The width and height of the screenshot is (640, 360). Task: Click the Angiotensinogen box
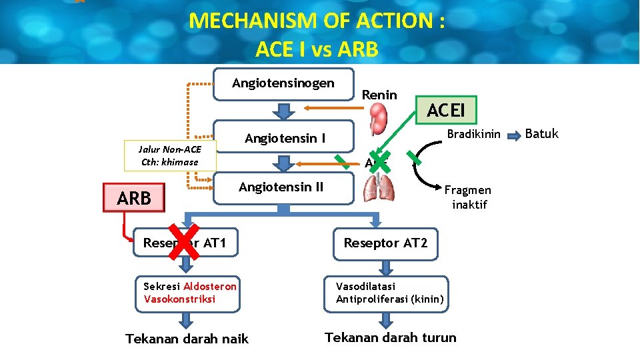pos(283,84)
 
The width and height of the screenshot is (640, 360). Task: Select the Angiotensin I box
pos(285,139)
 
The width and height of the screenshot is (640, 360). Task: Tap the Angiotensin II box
pos(281,187)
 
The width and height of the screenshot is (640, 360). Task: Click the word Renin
pos(379,95)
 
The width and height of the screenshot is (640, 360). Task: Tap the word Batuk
pos(541,135)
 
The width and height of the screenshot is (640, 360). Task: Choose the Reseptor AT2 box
pos(385,243)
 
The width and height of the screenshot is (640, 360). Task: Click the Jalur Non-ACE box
pos(171,156)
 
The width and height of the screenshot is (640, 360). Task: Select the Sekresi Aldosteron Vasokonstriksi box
pos(190,292)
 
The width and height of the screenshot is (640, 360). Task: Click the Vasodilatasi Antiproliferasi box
pos(389,292)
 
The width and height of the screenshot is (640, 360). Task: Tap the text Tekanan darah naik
pos(187,339)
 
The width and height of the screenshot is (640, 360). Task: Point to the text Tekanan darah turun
pos(390,337)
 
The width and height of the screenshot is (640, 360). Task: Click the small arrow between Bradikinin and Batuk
pos(515,136)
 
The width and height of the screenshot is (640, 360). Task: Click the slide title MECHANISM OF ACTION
pos(317,21)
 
